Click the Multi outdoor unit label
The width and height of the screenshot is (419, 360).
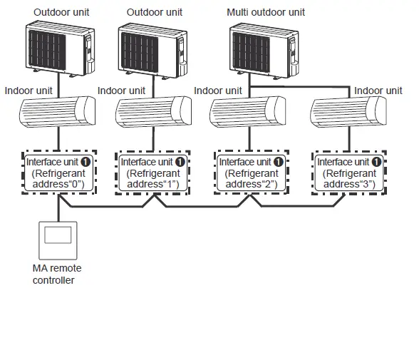(265, 12)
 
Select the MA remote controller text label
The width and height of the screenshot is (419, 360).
(57, 274)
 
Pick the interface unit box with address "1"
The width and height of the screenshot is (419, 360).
(152, 173)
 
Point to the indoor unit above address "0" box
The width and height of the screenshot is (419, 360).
(61, 113)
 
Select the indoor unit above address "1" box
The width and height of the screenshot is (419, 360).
(153, 113)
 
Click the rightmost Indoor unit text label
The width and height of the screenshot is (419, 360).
(378, 91)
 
